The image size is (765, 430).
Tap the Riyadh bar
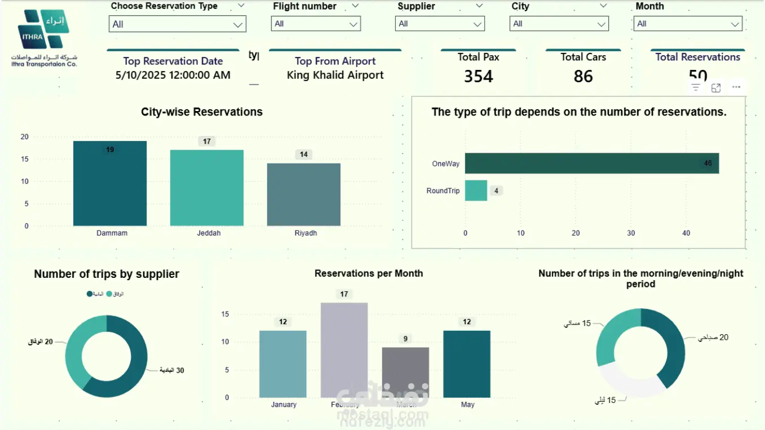tap(304, 194)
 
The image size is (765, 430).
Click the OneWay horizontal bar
tap(591, 163)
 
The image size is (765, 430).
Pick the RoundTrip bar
tap(476, 190)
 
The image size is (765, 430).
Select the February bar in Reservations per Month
tap(344, 349)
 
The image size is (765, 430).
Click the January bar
tap(283, 363)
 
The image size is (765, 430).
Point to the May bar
tap(467, 363)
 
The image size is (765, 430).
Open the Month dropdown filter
tap(688, 24)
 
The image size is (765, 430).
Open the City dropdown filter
tap(559, 24)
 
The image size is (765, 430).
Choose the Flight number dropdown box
tap(316, 24)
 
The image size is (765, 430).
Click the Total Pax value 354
tap(479, 76)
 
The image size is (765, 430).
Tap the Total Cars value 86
tap(583, 76)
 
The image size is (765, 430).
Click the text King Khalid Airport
tap(335, 75)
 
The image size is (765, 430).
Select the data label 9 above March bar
tap(405, 339)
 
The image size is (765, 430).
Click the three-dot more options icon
tap(736, 87)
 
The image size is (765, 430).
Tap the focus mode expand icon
tap(716, 87)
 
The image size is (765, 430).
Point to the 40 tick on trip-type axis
tap(686, 233)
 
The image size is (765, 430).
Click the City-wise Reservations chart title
tap(202, 112)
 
